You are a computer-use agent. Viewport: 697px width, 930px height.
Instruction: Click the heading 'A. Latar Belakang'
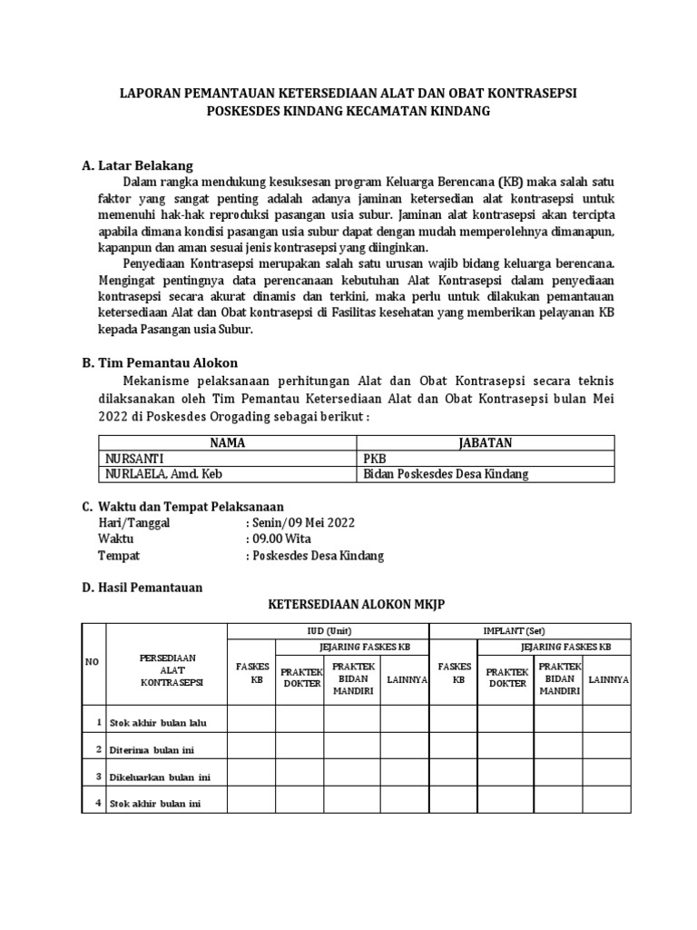(137, 165)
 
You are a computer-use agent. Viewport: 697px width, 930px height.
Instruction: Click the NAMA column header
(228, 442)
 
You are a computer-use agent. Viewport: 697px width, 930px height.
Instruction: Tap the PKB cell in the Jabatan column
(374, 459)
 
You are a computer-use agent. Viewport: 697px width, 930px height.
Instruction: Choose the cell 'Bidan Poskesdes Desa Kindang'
(445, 473)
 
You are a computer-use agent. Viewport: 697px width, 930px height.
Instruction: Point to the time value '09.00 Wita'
(281, 539)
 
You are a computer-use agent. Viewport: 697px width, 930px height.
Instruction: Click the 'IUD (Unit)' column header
(328, 630)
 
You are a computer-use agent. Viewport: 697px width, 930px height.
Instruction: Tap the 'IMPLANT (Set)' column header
(530, 630)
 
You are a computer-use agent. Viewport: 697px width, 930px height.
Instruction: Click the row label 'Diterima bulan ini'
(151, 749)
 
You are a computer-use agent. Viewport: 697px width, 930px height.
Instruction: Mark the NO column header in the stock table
(92, 663)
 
